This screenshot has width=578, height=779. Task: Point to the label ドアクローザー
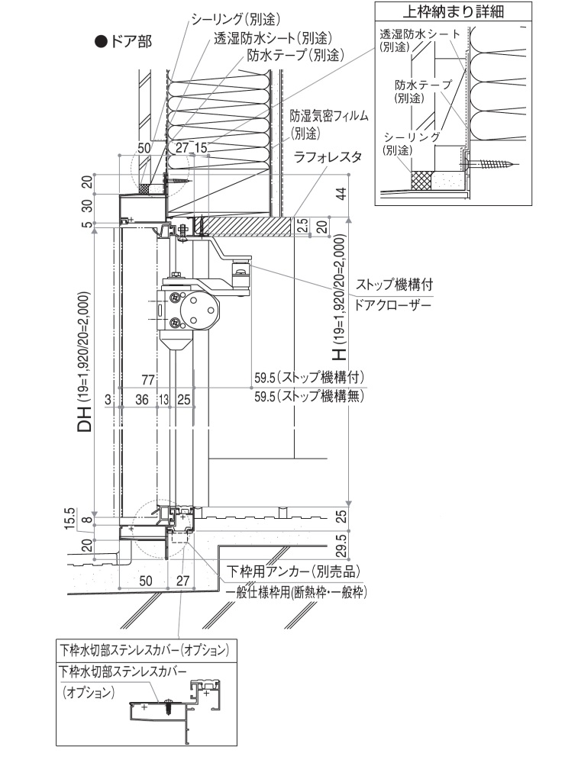coord(394,305)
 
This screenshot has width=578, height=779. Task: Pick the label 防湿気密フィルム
coord(329,116)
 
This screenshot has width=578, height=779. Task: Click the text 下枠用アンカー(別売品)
coord(294,571)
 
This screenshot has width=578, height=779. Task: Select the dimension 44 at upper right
coord(341,194)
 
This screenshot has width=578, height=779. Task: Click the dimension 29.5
coord(341,546)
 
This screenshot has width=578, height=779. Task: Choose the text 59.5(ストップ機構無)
coord(308,397)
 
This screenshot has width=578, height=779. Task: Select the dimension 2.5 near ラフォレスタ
coord(302,226)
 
